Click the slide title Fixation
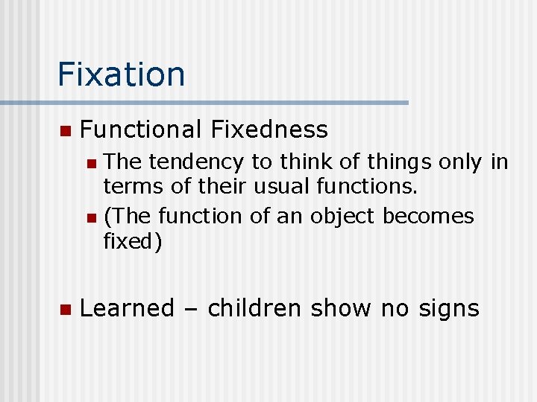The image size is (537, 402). (121, 74)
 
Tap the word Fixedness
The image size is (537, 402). (269, 130)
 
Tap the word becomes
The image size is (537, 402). (428, 216)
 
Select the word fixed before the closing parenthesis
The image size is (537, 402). (128, 243)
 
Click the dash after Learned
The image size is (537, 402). (190, 308)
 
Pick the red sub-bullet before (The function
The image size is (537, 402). (90, 217)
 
